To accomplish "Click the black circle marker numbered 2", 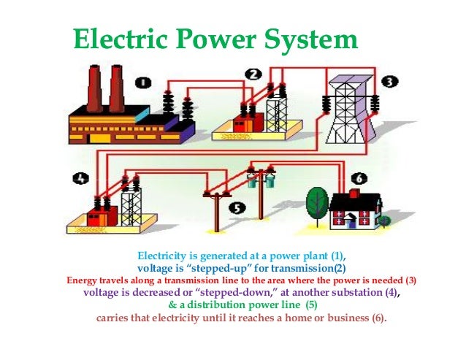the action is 253,74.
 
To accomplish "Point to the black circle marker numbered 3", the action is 391,81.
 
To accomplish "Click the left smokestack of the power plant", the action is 95,87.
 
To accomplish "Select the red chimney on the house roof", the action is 355,194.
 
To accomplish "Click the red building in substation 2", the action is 243,123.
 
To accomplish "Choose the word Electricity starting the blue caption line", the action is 167,256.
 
